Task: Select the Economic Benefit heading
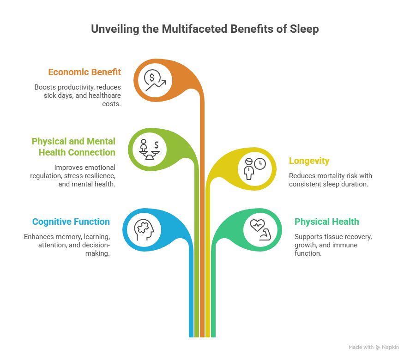click(x=84, y=72)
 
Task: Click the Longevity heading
click(x=309, y=161)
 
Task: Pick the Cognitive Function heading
click(x=71, y=222)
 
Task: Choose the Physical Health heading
click(x=326, y=222)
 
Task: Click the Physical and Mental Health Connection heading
click(x=73, y=147)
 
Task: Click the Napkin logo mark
click(x=378, y=347)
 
